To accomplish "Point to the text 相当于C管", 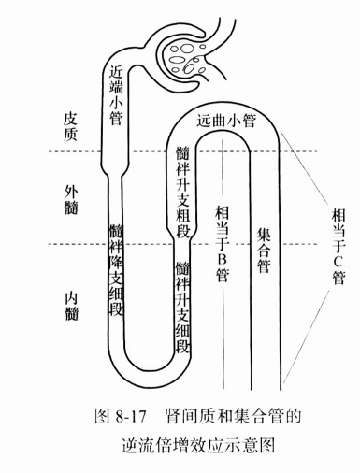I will tap(338, 244).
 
